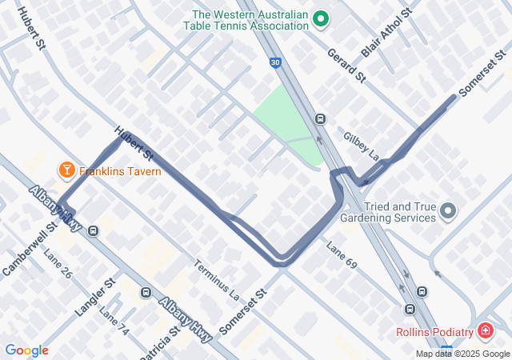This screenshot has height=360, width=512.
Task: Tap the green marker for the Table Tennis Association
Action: pos(321,18)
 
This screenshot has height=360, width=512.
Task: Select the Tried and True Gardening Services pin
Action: pos(448,211)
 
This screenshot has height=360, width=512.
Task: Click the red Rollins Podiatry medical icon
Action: pos(485,331)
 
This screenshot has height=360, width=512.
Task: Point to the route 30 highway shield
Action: pos(274,62)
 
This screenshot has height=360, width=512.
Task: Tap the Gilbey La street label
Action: pos(360,144)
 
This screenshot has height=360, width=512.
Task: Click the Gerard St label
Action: pos(346,66)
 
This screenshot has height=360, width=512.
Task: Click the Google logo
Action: pos(26,350)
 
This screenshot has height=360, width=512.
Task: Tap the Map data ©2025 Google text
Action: pos(462,354)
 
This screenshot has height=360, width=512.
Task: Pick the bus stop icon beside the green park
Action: pos(321,119)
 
